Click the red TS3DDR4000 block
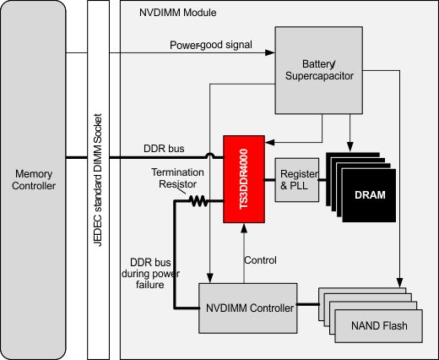[243, 178]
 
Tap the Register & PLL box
[295, 178]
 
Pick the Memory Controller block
[33, 179]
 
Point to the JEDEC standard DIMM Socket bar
[98, 179]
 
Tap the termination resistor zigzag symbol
[198, 201]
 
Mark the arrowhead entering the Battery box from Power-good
[270, 53]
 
